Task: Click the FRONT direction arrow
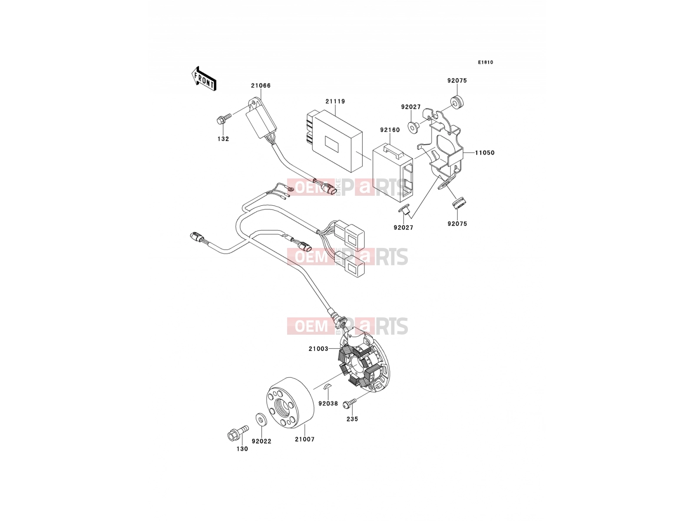[204, 79]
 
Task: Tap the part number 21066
[261, 86]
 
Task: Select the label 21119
[335, 102]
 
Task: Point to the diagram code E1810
[485, 63]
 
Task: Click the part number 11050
[484, 153]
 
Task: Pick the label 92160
[390, 130]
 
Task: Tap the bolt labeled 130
[238, 432]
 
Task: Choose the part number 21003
[318, 349]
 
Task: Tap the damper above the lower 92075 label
[458, 203]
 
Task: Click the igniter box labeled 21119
[334, 141]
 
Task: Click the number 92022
[261, 442]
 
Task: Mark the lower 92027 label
[404, 228]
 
